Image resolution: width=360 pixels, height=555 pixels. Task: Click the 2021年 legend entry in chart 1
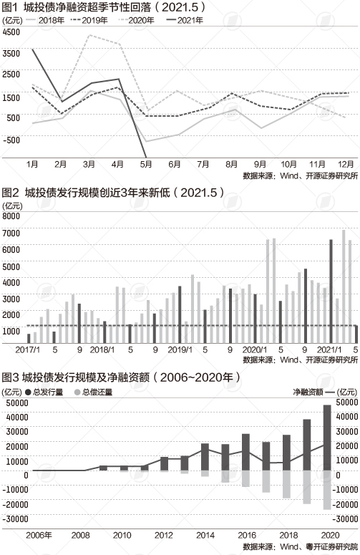click(185, 20)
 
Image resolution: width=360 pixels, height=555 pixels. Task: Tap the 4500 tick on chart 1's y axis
click(11, 32)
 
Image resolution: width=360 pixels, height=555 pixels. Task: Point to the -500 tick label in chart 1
click(11, 140)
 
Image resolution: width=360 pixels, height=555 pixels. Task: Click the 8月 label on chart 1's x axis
click(232, 164)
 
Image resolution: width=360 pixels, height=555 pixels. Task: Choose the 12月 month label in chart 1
click(346, 164)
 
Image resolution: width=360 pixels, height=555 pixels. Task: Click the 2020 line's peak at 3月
click(90, 34)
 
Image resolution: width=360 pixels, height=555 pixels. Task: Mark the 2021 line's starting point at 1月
click(32, 49)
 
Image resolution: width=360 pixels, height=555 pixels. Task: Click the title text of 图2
click(113, 192)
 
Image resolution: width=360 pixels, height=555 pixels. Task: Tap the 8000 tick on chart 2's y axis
click(11, 216)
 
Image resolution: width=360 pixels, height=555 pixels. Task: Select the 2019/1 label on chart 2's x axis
click(180, 349)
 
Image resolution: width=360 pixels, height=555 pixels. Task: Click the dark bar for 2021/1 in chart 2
click(331, 291)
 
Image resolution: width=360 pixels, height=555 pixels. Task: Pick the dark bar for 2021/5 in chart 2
click(356, 334)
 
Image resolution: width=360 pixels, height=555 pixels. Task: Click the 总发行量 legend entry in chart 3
click(44, 392)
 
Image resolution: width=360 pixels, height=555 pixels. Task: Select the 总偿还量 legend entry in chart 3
click(93, 392)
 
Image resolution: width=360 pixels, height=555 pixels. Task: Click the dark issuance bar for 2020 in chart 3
click(327, 438)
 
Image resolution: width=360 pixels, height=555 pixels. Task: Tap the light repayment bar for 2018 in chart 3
click(286, 484)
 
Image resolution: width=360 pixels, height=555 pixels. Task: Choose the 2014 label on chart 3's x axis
click(205, 535)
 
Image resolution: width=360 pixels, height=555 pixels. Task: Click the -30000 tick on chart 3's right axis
click(345, 518)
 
